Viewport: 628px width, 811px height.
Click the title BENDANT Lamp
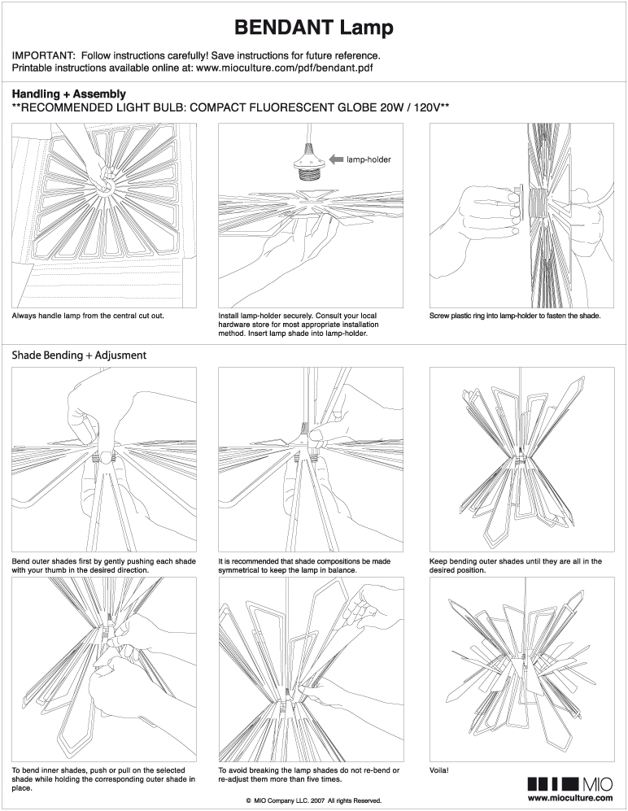pos(313,28)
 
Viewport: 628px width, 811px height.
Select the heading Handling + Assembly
pos(68,94)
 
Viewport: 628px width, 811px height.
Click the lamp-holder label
pos(369,160)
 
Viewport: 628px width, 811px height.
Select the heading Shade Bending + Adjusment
pos(78,355)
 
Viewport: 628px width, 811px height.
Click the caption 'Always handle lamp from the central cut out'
pos(89,315)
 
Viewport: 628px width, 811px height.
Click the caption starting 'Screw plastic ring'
pos(514,315)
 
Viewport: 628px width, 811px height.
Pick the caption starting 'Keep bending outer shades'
pos(515,566)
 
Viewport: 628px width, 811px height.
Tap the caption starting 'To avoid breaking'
pos(309,774)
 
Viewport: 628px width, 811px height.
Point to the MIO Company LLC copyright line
pos(313,800)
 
